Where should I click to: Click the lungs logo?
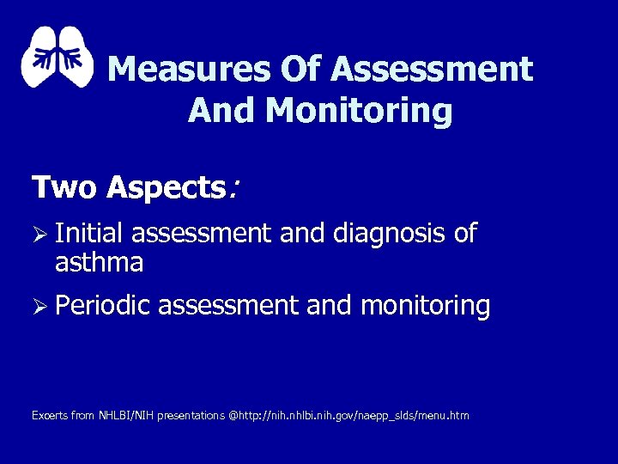[57, 58]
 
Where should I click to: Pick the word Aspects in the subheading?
[165, 187]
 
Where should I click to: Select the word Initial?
[89, 234]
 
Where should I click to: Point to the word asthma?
[99, 262]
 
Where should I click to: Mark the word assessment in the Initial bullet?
[201, 234]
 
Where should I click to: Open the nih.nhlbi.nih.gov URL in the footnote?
[353, 416]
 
